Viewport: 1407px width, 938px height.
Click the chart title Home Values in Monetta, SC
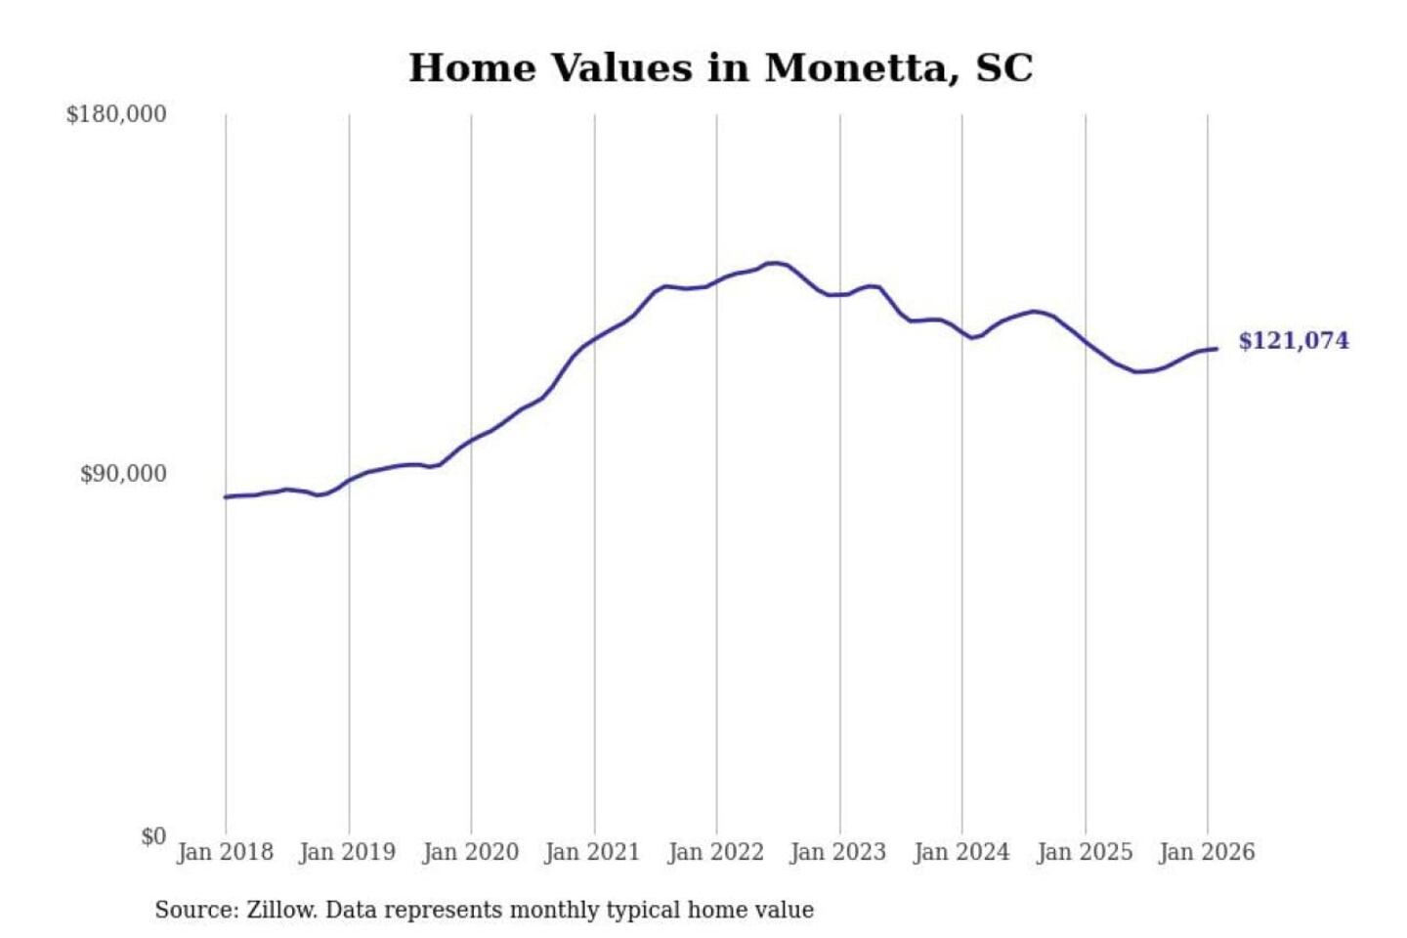[x=720, y=68]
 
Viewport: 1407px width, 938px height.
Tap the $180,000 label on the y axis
[x=116, y=114]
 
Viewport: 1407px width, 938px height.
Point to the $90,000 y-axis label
[x=123, y=475]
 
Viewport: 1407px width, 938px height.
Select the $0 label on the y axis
[x=153, y=836]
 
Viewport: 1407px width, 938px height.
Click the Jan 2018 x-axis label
[x=225, y=852]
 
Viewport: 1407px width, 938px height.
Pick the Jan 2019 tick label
[x=348, y=852]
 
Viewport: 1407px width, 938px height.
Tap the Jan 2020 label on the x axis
[x=470, y=852]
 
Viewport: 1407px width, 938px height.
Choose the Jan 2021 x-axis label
[x=592, y=852]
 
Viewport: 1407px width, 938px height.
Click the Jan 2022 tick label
[x=715, y=852]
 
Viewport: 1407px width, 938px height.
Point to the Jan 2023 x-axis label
[x=838, y=852]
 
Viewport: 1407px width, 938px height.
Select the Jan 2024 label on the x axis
[x=961, y=852]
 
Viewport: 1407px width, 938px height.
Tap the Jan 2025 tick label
[x=1085, y=852]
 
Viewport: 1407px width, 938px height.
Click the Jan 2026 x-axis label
[x=1207, y=852]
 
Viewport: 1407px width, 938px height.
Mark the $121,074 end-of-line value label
[x=1294, y=341]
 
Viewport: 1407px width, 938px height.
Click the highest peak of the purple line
[x=774, y=263]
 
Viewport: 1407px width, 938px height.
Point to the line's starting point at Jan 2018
[x=226, y=497]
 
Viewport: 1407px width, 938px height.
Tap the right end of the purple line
[x=1216, y=349]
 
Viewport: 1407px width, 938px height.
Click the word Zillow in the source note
[x=281, y=911]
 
